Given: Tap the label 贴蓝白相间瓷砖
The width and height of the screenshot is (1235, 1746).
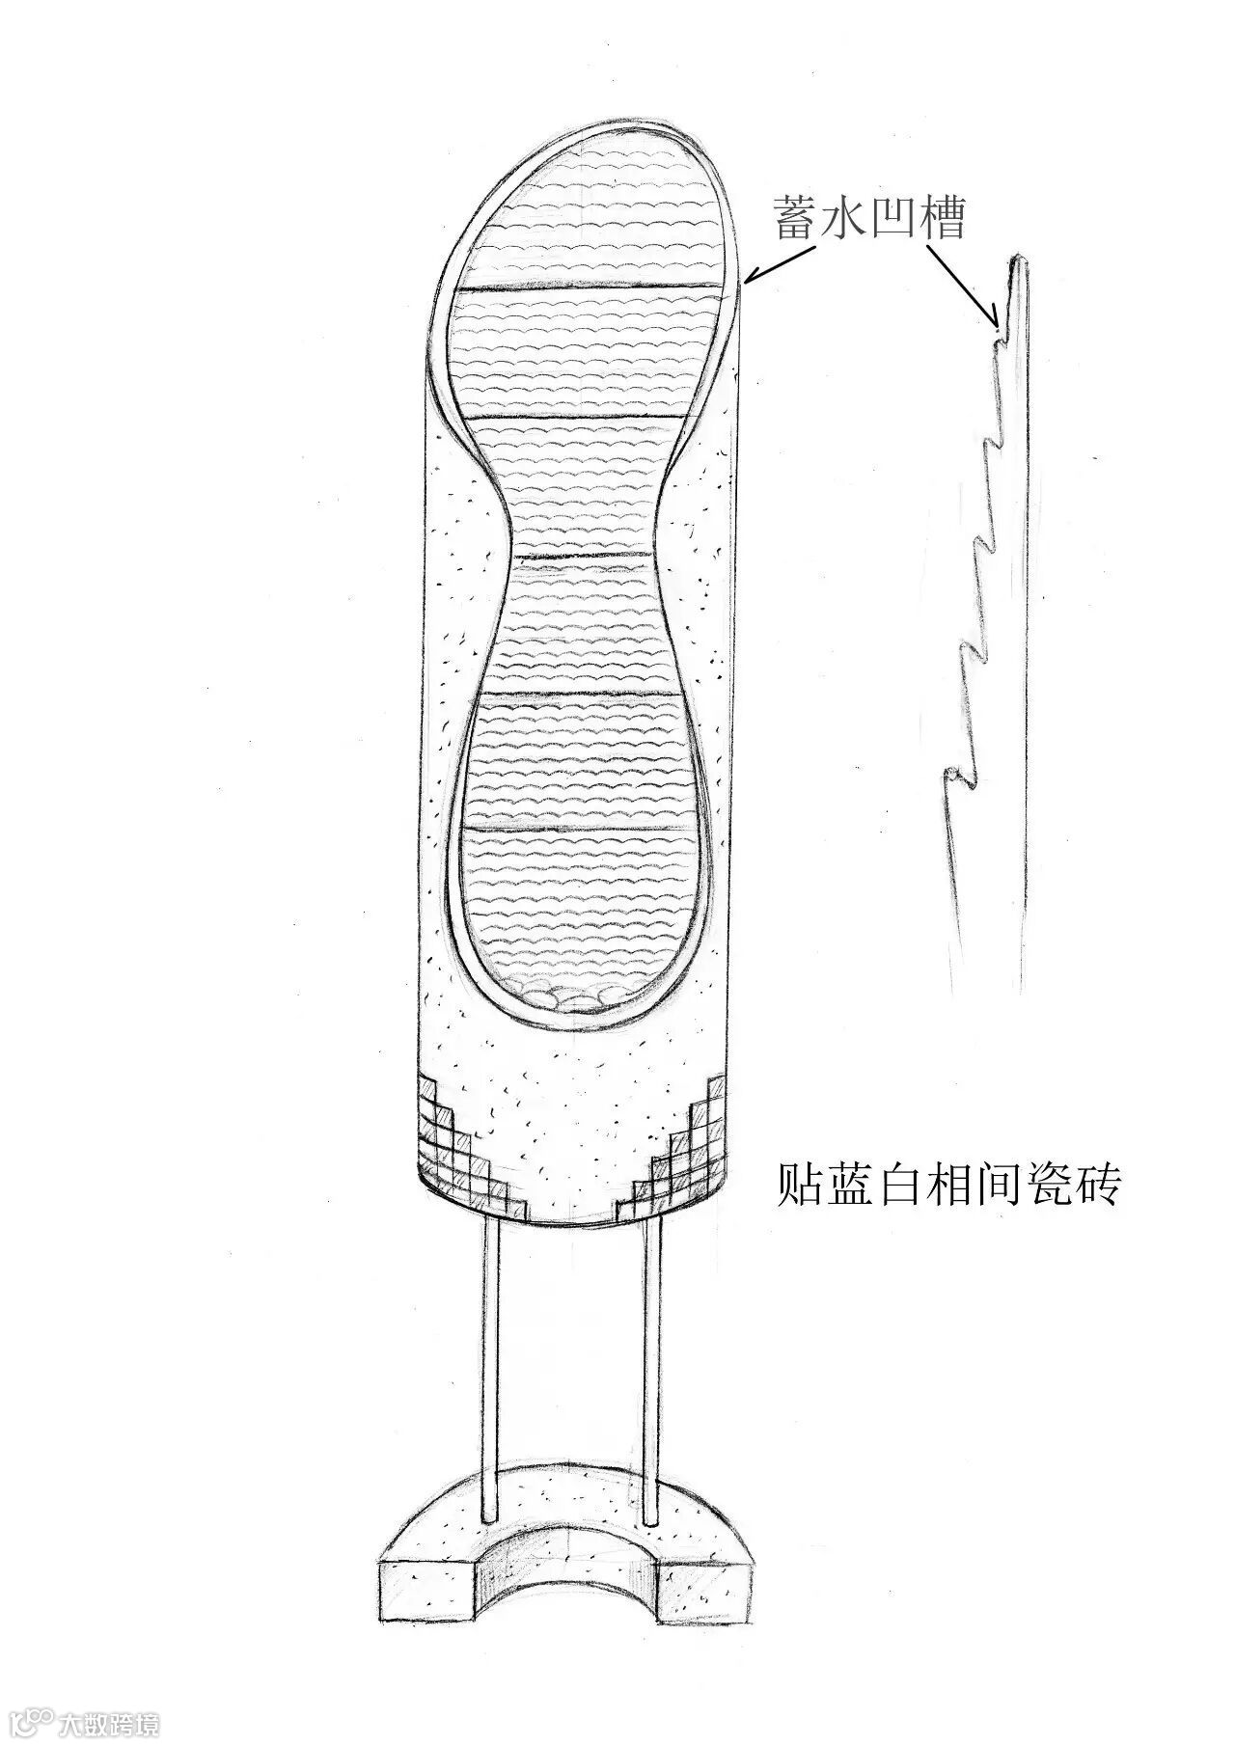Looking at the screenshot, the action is pyautogui.click(x=948, y=1185).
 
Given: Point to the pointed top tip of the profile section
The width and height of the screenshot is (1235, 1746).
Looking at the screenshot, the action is pyautogui.click(x=1018, y=259).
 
